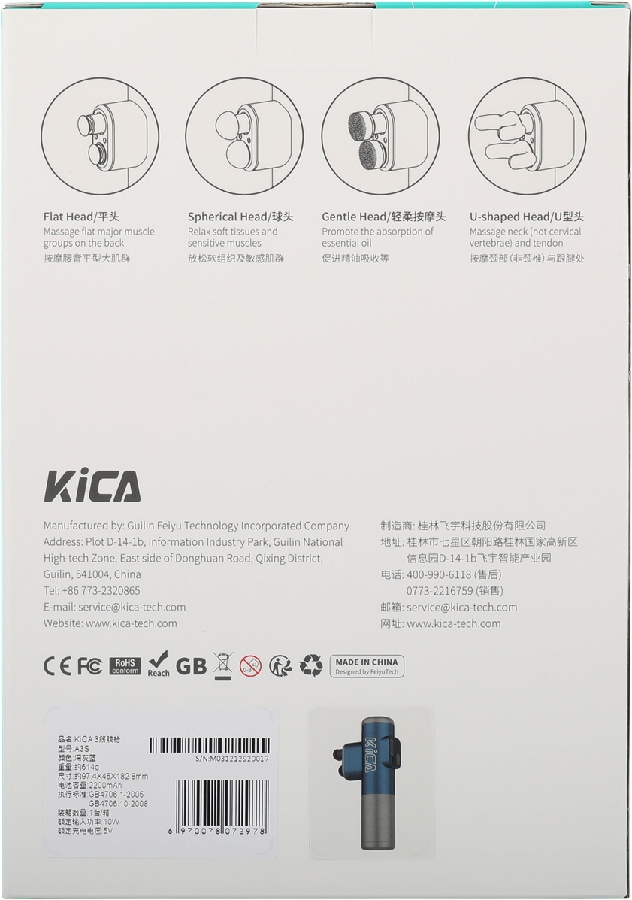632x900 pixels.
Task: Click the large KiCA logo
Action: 92,486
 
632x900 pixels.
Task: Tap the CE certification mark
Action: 57,666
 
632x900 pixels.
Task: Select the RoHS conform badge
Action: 125,666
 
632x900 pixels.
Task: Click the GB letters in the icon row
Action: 191,666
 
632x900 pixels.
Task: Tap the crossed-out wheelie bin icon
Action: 222,666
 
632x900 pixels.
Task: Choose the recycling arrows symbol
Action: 311,666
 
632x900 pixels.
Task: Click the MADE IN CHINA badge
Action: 367,666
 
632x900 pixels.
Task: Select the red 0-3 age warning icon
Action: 251,666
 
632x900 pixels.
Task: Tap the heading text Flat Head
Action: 68,217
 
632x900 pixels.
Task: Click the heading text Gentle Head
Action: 354,217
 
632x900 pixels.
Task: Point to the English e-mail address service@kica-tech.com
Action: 132,607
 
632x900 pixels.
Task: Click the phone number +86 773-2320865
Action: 101,591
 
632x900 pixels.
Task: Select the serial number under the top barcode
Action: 231,758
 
